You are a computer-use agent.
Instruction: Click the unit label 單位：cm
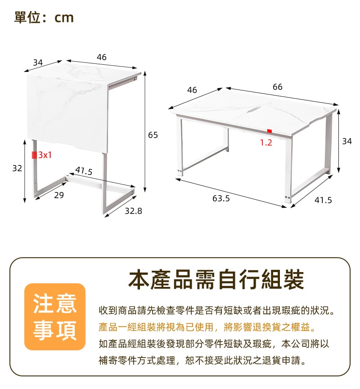[44, 18]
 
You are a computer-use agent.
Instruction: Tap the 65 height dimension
[153, 134]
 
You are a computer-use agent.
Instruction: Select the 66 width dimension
[278, 87]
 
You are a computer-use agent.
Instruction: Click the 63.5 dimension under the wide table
[221, 198]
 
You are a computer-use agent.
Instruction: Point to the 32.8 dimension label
[133, 210]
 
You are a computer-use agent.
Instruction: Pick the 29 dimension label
[59, 195]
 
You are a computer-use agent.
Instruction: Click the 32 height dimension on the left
[17, 168]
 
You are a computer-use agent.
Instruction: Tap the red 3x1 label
[45, 155]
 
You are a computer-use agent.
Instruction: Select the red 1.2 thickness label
[266, 143]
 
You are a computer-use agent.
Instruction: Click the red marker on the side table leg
[34, 155]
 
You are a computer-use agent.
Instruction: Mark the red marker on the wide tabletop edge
[270, 131]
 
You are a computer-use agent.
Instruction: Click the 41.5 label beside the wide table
[323, 200]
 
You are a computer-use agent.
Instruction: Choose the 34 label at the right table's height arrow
[347, 141]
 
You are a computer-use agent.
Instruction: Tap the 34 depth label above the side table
[38, 62]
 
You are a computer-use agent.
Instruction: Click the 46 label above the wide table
[192, 90]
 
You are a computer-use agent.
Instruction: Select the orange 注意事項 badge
[55, 317]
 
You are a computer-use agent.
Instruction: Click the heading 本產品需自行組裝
[216, 280]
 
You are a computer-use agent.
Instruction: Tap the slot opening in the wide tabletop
[255, 109]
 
